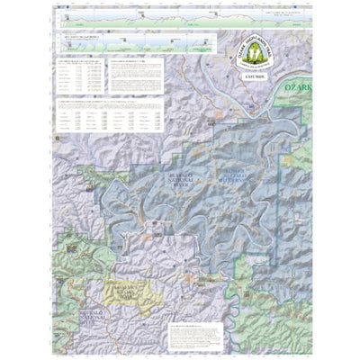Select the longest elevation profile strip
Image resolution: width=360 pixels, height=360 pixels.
180,17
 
